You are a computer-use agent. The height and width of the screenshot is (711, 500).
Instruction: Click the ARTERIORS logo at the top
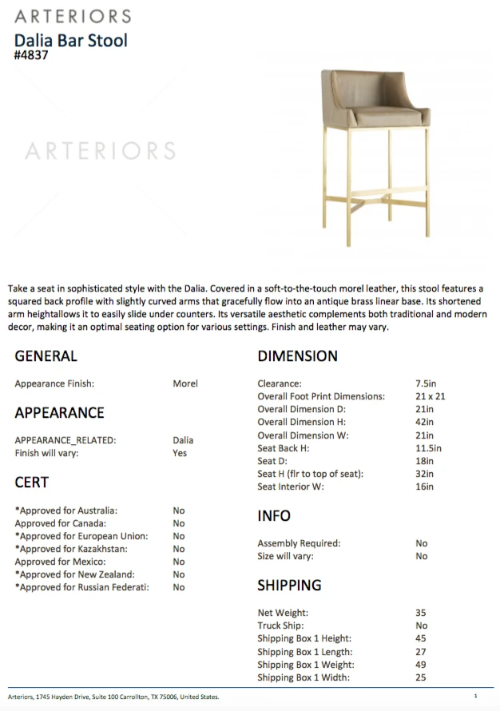[72, 16]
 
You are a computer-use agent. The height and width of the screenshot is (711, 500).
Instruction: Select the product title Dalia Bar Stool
[71, 40]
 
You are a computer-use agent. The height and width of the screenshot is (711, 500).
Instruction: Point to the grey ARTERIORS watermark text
[101, 150]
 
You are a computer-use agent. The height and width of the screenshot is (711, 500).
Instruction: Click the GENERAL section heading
[46, 356]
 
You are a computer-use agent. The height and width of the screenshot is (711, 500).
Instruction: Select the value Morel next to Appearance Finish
[185, 383]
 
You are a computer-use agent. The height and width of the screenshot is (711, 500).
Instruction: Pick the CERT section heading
[32, 483]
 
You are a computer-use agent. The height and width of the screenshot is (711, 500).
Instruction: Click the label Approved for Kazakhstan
[71, 549]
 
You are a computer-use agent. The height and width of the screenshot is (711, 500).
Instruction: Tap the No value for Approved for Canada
[179, 523]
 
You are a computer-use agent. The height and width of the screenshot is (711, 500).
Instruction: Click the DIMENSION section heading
[298, 356]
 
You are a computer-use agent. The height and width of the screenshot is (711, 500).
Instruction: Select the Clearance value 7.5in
[426, 383]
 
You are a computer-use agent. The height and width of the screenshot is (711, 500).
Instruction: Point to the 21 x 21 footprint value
[430, 396]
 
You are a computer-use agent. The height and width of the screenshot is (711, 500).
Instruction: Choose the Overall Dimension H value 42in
[425, 422]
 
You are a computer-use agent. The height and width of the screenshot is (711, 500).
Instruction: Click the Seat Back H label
[283, 448]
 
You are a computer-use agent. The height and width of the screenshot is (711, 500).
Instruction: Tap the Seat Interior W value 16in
[425, 487]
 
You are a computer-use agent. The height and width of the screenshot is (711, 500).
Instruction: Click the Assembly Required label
[299, 543]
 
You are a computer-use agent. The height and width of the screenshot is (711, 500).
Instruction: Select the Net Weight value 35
[421, 613]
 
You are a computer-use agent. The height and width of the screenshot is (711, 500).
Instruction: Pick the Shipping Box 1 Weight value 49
[421, 665]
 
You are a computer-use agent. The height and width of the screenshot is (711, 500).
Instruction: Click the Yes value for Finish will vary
[180, 453]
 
